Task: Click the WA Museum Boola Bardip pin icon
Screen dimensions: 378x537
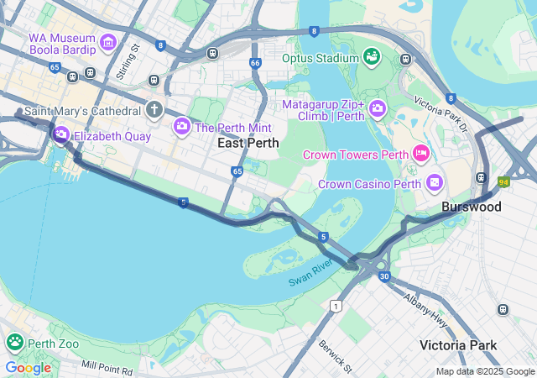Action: coord(107,42)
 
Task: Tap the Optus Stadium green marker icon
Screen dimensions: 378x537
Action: coord(371,57)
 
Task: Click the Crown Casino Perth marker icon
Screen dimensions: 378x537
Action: coord(435,182)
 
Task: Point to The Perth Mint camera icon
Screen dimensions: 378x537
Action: coord(182,127)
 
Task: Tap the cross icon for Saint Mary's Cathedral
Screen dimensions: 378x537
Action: coord(154,109)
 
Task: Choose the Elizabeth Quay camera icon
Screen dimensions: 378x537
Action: coord(61,134)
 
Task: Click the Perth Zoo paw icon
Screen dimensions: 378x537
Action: coord(15,343)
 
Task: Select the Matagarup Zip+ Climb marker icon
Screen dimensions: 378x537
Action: coord(377,108)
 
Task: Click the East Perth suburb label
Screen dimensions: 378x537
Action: coord(248,143)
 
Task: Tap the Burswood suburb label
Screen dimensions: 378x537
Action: coord(472,207)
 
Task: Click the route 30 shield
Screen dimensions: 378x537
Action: coord(384,276)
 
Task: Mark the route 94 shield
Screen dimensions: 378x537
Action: coord(503,181)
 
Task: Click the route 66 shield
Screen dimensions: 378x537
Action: coord(255,63)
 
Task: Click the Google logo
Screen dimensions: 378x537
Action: coord(28,367)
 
